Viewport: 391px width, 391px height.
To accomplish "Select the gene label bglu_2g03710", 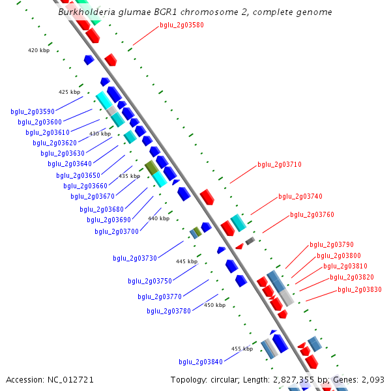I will point(280,165).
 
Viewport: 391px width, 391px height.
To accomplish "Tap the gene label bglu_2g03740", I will point(300,196).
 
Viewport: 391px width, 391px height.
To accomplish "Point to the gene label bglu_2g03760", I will point(312,214).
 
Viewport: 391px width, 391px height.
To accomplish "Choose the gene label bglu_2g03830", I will point(360,289).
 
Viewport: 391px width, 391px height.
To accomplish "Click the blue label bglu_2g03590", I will point(33,111).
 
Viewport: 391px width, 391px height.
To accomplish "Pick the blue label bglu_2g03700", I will point(117,231).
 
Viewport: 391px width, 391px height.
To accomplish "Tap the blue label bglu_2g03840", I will point(201,362).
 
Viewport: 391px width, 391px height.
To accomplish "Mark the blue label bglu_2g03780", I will point(169,311).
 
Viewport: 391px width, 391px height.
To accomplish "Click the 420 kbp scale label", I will point(38,50).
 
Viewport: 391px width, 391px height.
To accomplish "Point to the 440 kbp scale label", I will point(158,219).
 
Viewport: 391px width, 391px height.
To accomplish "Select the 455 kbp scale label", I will point(242,349).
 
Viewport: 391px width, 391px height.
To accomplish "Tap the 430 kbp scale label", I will point(100,134).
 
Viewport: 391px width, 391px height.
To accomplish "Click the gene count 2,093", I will point(373,379).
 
